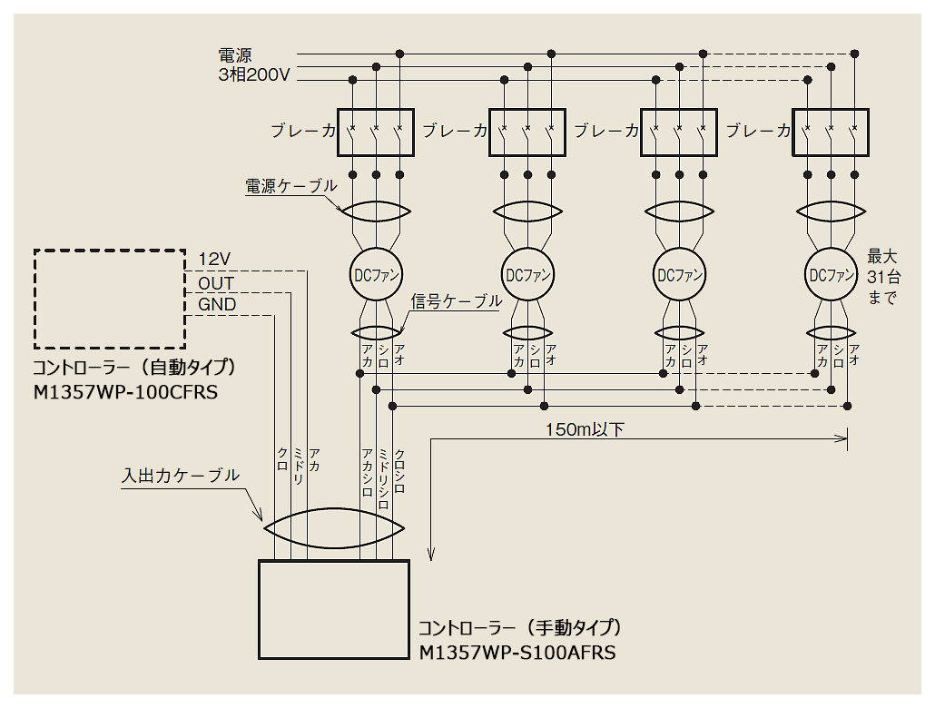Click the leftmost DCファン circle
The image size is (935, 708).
(x=376, y=274)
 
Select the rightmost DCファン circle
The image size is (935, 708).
(x=832, y=274)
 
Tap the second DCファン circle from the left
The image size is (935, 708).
(x=527, y=274)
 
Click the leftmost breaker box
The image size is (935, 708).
(x=376, y=133)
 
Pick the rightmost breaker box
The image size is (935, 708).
(x=831, y=133)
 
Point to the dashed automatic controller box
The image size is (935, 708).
(x=110, y=298)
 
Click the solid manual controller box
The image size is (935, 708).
(x=333, y=609)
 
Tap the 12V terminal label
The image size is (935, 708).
(x=216, y=260)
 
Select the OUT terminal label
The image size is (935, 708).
(x=216, y=283)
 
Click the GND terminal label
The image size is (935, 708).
(x=217, y=305)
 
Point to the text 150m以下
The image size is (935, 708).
(x=585, y=429)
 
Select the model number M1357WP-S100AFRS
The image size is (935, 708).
(x=517, y=652)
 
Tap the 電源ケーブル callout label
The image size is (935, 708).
(x=290, y=186)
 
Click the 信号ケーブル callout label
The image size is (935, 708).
(x=456, y=300)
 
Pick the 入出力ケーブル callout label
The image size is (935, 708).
(x=181, y=475)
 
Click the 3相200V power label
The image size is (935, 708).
(x=254, y=75)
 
